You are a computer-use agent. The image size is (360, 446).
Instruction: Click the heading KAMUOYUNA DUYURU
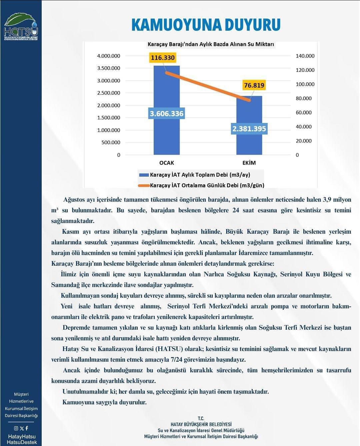(x=206, y=25)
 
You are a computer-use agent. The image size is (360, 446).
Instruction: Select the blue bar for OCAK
(x=166, y=133)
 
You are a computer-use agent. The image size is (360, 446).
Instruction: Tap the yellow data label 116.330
(x=163, y=58)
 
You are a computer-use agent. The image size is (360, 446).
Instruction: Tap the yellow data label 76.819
(x=254, y=85)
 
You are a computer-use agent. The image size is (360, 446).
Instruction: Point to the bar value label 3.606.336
(x=166, y=114)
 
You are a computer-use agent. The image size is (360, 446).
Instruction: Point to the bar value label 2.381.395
(x=249, y=129)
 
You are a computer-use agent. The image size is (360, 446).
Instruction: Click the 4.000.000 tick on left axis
(x=109, y=56)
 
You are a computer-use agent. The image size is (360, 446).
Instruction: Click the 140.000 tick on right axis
(x=305, y=56)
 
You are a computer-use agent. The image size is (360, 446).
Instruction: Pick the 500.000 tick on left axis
(x=110, y=142)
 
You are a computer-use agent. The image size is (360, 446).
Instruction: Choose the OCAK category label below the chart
(x=166, y=163)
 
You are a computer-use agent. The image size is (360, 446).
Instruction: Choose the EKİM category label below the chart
(x=249, y=163)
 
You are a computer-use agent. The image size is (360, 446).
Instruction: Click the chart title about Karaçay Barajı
(x=211, y=44)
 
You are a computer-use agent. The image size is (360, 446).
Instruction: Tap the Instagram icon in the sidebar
(x=16, y=428)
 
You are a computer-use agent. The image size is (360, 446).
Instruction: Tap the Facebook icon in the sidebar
(x=27, y=428)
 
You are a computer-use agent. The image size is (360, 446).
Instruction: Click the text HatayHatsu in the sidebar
(x=22, y=436)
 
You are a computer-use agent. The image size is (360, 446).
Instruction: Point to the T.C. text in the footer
(x=201, y=418)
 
